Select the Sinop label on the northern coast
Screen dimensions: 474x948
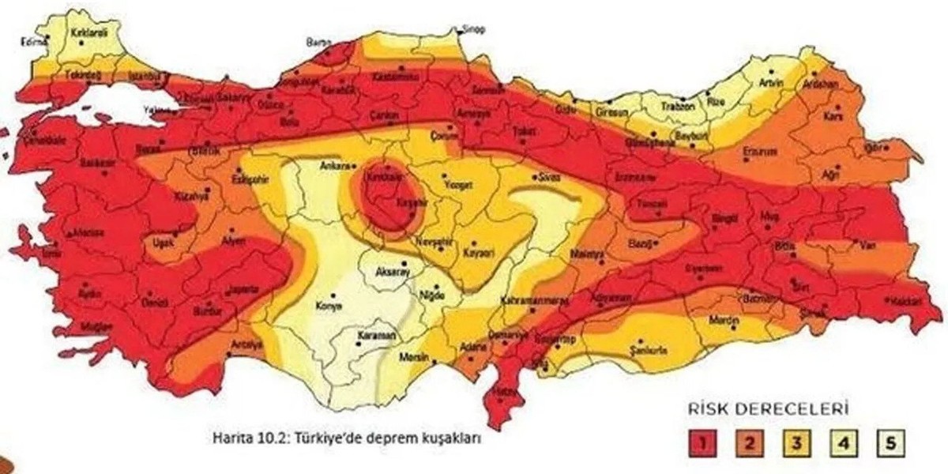coord(473,29)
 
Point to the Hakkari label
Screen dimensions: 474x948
coord(901,302)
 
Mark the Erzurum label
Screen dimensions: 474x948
coord(759,150)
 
